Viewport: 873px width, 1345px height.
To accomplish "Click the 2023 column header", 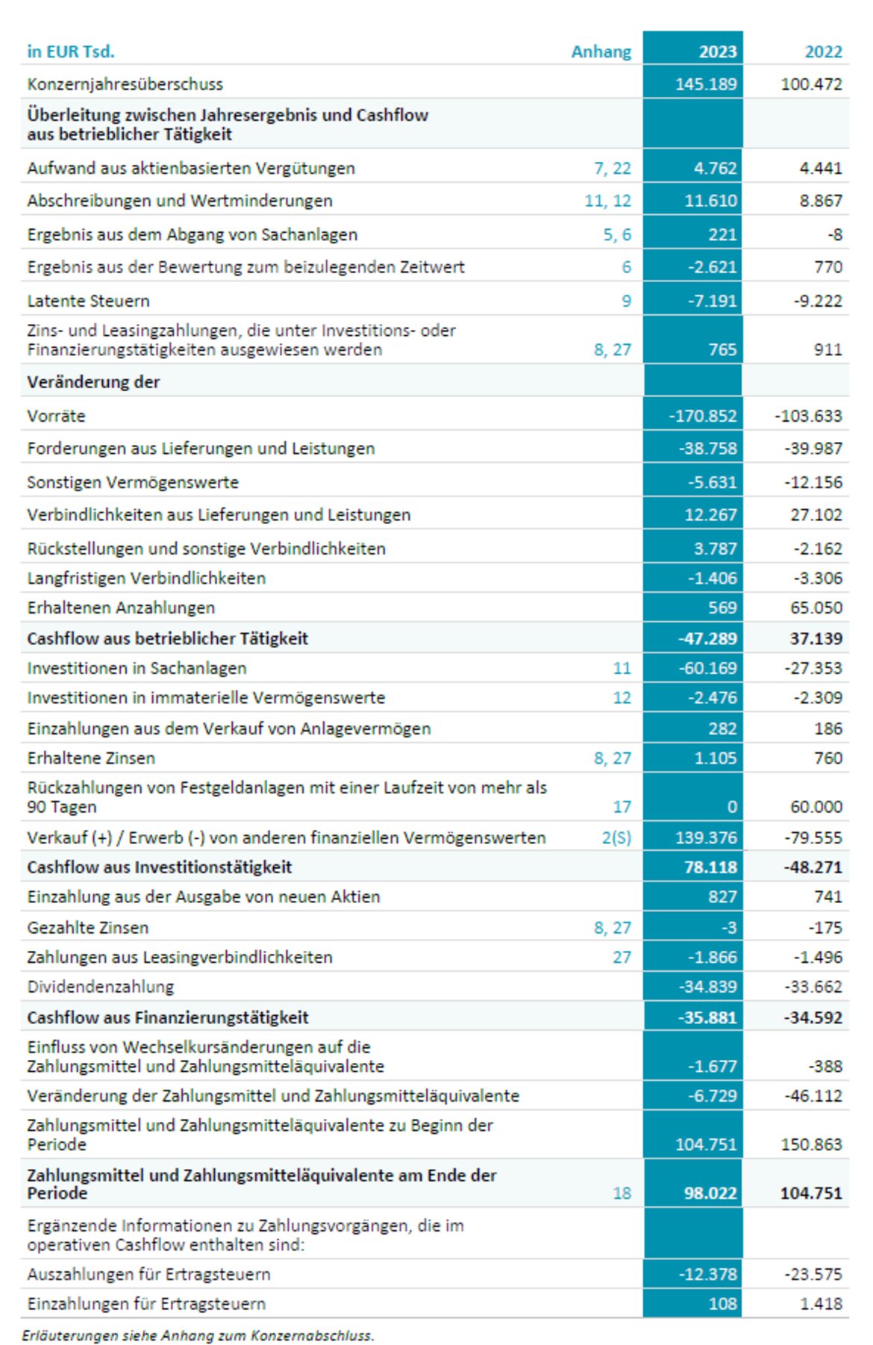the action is point(717,52).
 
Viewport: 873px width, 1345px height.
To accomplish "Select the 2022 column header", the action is point(823,52).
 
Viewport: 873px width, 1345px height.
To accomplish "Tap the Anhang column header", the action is point(601,52).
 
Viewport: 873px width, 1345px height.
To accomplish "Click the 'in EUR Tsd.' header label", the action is point(71,52).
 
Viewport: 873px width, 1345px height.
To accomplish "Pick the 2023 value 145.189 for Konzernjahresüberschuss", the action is point(706,84).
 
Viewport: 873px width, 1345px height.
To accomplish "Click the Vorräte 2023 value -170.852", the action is point(702,416).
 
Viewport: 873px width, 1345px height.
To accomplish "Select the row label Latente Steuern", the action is point(88,301).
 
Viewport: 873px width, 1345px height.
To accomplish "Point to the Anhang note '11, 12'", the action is point(607,201).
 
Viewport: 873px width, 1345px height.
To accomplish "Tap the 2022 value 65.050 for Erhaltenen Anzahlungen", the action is point(816,608).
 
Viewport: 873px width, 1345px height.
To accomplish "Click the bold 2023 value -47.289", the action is point(707,638).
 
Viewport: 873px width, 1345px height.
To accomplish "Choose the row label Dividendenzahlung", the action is point(101,987).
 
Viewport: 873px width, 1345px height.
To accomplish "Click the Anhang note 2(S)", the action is point(616,837).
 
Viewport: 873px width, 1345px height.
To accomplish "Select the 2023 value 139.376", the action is point(706,837).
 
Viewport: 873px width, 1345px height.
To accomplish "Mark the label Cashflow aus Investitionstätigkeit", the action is point(160,867).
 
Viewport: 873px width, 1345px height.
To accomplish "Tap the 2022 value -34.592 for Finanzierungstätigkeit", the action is point(813,1017).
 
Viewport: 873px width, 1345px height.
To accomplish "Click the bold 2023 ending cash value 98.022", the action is point(710,1193).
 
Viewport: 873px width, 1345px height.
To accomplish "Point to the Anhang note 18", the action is point(622,1193).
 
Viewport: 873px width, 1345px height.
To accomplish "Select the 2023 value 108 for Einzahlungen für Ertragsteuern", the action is point(722,1304).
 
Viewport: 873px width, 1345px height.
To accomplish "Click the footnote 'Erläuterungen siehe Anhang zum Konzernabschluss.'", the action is point(198,1335).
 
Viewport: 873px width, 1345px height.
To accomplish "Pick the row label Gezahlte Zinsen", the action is point(88,928).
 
